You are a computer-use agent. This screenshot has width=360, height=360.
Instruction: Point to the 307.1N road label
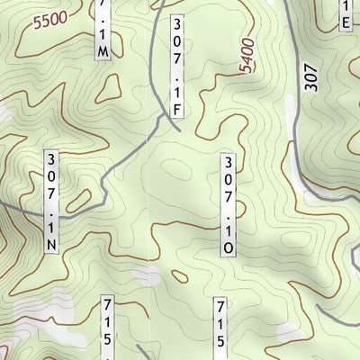pos(52,201)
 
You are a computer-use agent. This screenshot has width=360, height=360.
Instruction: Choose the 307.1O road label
pos(229,204)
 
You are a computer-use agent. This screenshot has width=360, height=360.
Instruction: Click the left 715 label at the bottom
pos(108,325)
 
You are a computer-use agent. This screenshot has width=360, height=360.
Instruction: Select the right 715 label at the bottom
pos(220,327)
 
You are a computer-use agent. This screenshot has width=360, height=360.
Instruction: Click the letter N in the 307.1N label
pos(52,244)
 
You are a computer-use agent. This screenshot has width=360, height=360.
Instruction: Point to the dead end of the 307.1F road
pos(179,128)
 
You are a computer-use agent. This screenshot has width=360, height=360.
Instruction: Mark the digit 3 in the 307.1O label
pos(229,162)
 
